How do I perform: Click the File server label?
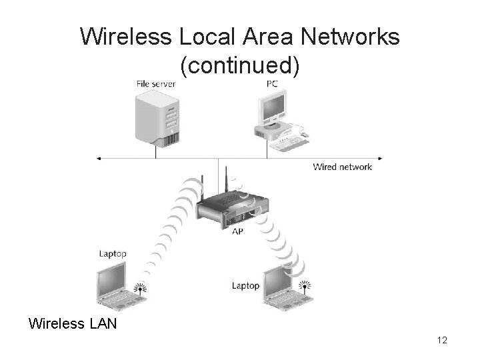(x=155, y=84)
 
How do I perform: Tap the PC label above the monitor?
(x=273, y=84)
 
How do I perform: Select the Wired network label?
(x=343, y=167)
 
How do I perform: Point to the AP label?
(x=238, y=231)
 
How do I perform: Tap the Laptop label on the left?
(x=113, y=254)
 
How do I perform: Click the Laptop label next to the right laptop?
(x=245, y=285)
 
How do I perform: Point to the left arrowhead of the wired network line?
(x=99, y=159)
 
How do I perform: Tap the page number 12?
(x=441, y=341)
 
